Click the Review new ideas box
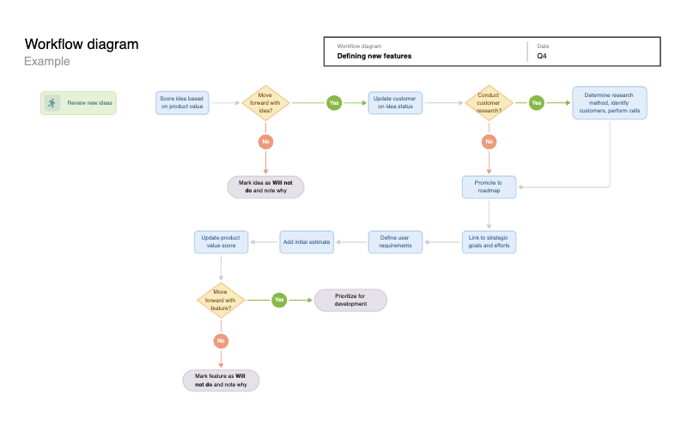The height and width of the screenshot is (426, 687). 78,103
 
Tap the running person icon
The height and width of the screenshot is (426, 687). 52,103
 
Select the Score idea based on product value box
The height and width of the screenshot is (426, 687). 182,103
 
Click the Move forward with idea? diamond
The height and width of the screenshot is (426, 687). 265,103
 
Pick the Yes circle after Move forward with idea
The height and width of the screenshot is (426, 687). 334,103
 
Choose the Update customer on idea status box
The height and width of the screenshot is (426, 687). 395,103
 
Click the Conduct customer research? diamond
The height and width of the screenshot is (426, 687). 489,103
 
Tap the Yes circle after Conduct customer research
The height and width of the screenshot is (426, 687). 537,103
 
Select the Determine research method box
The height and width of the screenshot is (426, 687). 610,103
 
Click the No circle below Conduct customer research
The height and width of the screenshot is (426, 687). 489,141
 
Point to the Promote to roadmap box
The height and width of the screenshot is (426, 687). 489,187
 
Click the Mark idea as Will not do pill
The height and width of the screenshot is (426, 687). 265,187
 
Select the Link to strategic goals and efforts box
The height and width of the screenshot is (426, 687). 489,241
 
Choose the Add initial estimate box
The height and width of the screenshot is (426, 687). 307,242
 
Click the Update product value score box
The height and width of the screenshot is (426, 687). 221,241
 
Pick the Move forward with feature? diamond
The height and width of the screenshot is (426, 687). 221,300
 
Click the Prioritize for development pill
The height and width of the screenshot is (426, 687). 350,300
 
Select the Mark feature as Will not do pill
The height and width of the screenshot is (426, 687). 221,380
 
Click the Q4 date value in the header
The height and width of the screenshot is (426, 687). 542,56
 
